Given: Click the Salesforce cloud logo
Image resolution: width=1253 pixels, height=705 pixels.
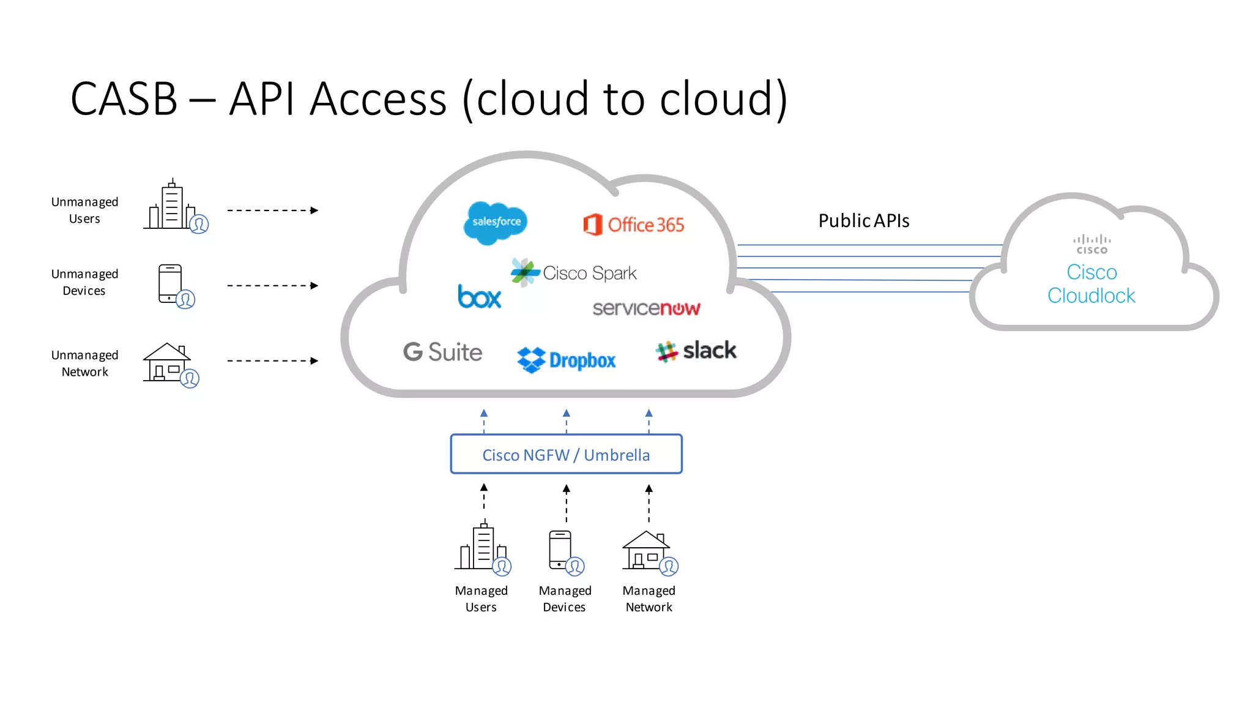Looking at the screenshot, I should pyautogui.click(x=496, y=222).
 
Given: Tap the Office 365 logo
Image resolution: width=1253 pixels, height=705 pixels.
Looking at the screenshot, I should pyautogui.click(x=634, y=225).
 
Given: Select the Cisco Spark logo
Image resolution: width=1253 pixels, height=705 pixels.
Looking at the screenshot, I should pyautogui.click(x=574, y=273).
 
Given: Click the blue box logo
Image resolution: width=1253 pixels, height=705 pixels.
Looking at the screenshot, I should pyautogui.click(x=479, y=297).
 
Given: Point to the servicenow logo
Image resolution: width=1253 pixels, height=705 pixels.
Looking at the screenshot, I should pyautogui.click(x=646, y=308).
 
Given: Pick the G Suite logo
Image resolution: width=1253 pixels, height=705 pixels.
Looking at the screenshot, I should pyautogui.click(x=442, y=352).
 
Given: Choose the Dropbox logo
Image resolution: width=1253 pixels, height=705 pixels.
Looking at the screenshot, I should pyautogui.click(x=567, y=360).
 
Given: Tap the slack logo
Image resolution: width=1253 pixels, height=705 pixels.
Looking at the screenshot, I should pyautogui.click(x=696, y=351).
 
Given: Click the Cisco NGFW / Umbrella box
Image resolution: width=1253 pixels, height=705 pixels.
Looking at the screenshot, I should pyautogui.click(x=566, y=454).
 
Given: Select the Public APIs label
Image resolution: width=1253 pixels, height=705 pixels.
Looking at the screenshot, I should pyautogui.click(x=863, y=221).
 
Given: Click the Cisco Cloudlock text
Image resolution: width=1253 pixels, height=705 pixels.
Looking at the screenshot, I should pyautogui.click(x=1091, y=284).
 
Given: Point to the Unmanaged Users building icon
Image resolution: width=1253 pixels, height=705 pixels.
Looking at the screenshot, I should pyautogui.click(x=174, y=207).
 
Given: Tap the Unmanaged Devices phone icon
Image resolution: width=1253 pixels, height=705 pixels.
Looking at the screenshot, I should pyautogui.click(x=173, y=285).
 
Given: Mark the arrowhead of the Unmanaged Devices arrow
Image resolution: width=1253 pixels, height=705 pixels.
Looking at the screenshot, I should pyautogui.click(x=314, y=286).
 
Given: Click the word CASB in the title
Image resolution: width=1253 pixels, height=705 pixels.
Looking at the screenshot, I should pyautogui.click(x=124, y=99).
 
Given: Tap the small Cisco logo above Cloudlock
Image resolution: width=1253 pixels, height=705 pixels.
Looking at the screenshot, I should pyautogui.click(x=1091, y=244).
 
